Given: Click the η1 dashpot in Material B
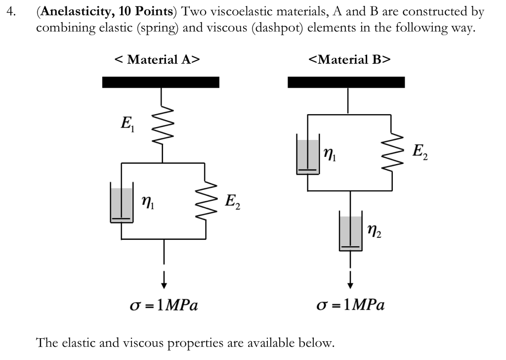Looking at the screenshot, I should pos(307,156).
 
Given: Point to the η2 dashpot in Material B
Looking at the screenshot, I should pos(350,232).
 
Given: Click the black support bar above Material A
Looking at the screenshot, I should pos(161,82).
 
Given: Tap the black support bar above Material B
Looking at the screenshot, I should pos(346,82).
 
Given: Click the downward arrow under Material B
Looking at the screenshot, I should pos(350,280).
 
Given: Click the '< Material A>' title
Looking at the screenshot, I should pos(157,60).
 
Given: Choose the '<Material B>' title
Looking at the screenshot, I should pos(349,60).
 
